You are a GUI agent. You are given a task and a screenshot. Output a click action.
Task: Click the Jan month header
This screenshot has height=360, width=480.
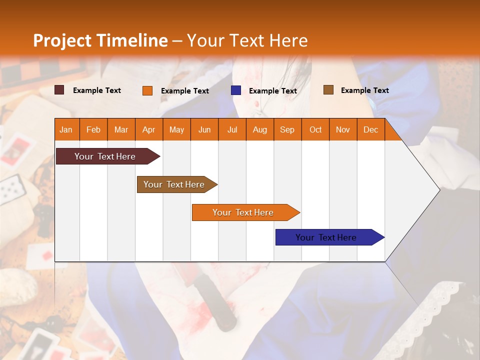[66, 129]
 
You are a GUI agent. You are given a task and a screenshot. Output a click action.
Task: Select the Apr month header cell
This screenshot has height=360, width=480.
[148, 129]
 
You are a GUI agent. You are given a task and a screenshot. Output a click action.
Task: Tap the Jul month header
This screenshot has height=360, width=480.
[232, 129]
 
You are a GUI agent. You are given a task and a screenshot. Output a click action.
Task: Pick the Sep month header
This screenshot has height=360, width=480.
[287, 129]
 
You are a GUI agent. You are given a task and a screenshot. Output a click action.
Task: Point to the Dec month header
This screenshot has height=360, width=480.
[370, 129]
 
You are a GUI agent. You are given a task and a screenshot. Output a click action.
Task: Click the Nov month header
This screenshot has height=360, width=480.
[342, 129]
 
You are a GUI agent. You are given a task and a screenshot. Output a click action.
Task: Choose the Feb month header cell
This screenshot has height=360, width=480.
[93, 129]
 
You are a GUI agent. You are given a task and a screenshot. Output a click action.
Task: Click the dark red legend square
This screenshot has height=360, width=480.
[59, 90]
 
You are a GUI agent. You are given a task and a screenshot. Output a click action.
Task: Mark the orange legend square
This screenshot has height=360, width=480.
[147, 90]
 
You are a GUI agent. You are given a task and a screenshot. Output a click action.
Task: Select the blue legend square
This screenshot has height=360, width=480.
[236, 90]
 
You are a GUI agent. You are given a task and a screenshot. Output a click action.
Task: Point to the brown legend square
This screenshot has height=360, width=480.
[328, 90]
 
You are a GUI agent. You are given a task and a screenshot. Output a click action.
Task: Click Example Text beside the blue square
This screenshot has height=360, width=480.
[272, 91]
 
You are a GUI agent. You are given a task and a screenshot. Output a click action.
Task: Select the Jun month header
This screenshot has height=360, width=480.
[204, 129]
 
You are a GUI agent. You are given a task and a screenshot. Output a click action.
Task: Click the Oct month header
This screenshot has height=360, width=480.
[315, 129]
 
